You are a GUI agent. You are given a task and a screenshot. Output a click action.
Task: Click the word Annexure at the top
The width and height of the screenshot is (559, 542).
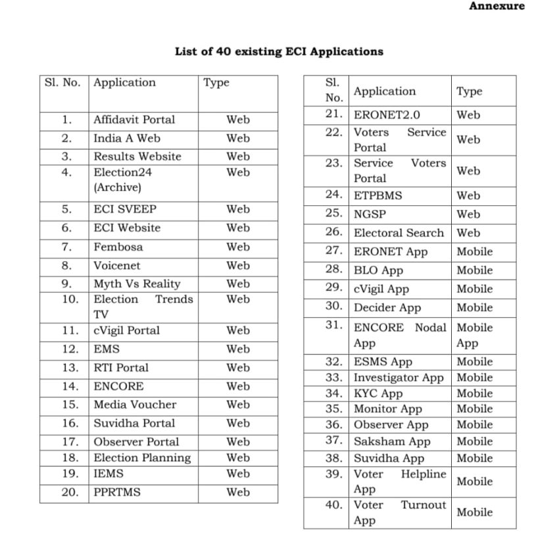coord(497,6)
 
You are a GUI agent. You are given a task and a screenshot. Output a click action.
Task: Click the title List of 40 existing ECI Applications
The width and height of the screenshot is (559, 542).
coord(279,51)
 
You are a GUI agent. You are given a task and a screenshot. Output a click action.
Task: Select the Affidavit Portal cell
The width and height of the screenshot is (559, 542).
coord(134,120)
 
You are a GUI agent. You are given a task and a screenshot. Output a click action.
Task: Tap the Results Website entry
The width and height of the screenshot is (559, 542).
coord(137,157)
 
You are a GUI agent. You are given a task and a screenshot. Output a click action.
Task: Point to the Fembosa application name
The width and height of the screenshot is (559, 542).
coord(118,247)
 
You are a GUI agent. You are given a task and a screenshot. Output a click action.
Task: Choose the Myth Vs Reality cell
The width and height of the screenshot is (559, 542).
coord(136,283)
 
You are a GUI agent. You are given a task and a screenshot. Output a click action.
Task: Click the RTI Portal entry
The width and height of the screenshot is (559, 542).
coord(121,368)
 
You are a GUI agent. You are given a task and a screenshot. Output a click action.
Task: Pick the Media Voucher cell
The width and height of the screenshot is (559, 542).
coord(135,405)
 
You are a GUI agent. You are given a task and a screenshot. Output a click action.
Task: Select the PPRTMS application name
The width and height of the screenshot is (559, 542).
coord(117,491)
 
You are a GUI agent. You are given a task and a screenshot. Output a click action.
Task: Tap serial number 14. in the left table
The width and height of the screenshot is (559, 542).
coord(70,386)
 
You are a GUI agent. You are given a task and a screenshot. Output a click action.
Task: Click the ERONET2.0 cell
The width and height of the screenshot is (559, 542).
coord(387,114)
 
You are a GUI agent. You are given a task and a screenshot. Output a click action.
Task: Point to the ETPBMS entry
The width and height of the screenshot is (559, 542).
coord(377,195)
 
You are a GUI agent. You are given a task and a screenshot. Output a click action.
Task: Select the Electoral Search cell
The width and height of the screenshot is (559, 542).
coord(399,233)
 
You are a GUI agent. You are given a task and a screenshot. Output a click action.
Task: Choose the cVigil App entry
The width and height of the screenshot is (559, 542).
coord(381,289)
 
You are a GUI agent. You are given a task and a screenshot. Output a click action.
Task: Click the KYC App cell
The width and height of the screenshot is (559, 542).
coord(378,393)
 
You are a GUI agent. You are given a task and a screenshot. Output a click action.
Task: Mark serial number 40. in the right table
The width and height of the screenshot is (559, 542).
coord(333,505)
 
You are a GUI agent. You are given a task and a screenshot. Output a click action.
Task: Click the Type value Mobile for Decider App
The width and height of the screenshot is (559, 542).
coord(474,307)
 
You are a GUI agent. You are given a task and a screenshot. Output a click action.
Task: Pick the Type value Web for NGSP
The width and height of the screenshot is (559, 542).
coord(468,214)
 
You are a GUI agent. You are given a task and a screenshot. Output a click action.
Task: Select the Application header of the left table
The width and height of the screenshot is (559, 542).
coord(124,83)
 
